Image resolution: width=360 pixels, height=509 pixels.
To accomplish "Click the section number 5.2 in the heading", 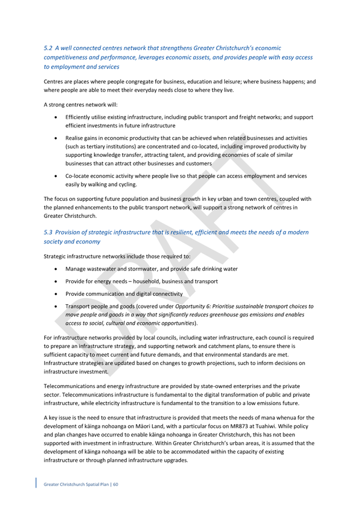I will coord(49,48).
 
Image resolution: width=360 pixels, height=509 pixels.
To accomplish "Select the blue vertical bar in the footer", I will coord(36,483).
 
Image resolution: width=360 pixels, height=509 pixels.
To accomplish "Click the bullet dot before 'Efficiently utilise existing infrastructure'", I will coord(56,117).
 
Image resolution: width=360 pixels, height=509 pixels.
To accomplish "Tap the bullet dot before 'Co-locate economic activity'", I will coord(56,175).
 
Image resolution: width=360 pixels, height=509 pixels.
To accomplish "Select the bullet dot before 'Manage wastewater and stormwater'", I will coord(56,269).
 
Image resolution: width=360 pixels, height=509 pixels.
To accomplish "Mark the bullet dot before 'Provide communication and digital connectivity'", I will coord(56,294).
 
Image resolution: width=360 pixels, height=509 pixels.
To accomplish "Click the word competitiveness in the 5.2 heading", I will coord(71,58).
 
